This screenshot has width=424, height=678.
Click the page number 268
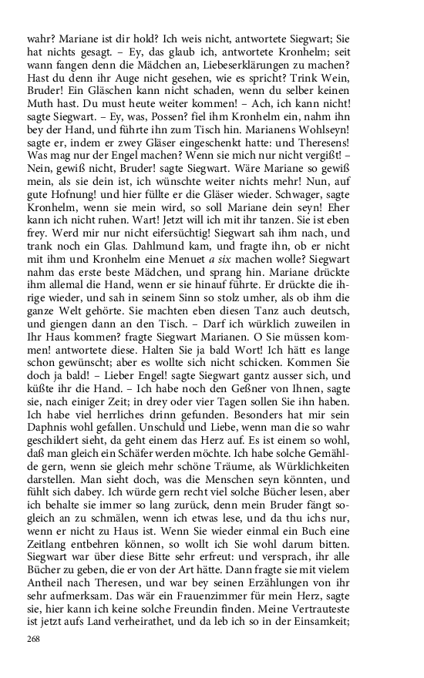tap(32, 639)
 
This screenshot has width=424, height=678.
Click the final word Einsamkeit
tap(358, 619)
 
